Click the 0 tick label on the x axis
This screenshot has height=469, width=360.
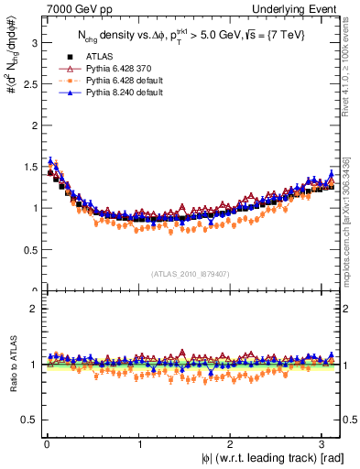47,443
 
